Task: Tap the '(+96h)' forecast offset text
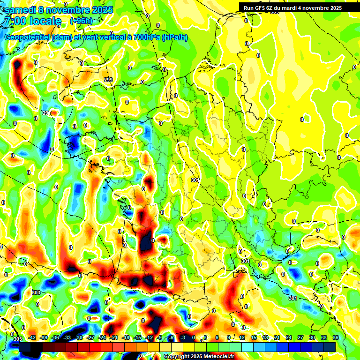click(x=81, y=21)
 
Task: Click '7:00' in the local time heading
click(x=15, y=21)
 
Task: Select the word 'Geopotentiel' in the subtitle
click(x=27, y=37)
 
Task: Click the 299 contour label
click(x=108, y=80)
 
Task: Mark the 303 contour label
click(x=36, y=292)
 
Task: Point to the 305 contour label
click(x=18, y=339)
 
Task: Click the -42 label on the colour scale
click(x=32, y=337)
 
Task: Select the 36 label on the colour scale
click(x=335, y=337)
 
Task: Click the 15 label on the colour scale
click(x=253, y=337)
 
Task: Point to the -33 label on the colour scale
click(x=67, y=337)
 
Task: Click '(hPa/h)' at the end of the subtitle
click(x=174, y=37)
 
